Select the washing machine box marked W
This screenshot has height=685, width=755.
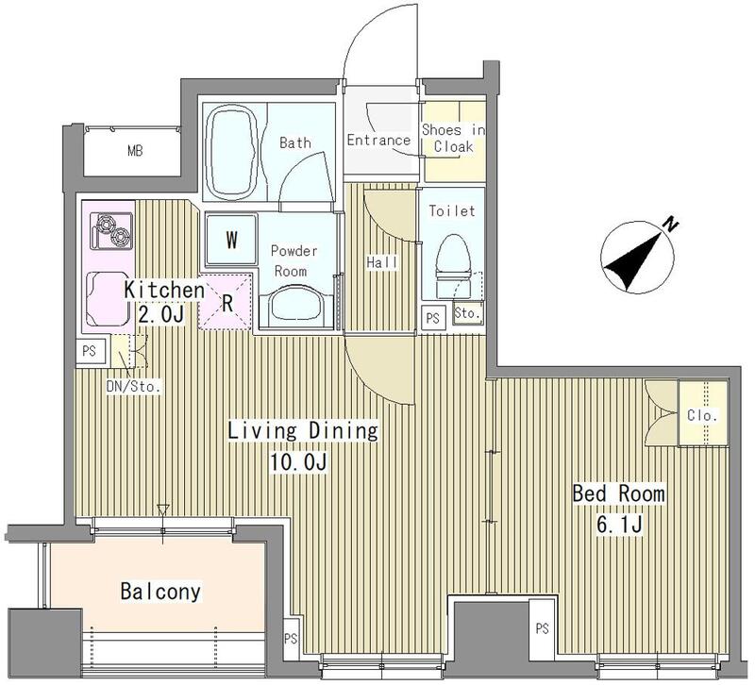tap(231, 240)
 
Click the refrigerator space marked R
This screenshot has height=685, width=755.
tap(226, 302)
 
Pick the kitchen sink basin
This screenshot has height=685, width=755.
tap(106, 298)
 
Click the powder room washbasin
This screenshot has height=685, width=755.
tap(294, 307)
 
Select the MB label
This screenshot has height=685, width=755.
tap(135, 151)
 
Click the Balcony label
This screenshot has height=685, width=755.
tap(160, 592)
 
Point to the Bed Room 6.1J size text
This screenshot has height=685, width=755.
tap(619, 524)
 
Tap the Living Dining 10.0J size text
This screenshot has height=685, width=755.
tap(298, 462)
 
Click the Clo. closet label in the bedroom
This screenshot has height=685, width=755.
tap(702, 415)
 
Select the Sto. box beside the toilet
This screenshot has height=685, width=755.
tap(467, 313)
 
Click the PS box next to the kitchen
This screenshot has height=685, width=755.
tap(90, 351)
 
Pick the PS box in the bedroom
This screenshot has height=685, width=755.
tap(543, 628)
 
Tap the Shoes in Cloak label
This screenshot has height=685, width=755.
tap(454, 138)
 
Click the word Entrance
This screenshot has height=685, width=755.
tap(378, 140)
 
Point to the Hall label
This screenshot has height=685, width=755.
tap(382, 262)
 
